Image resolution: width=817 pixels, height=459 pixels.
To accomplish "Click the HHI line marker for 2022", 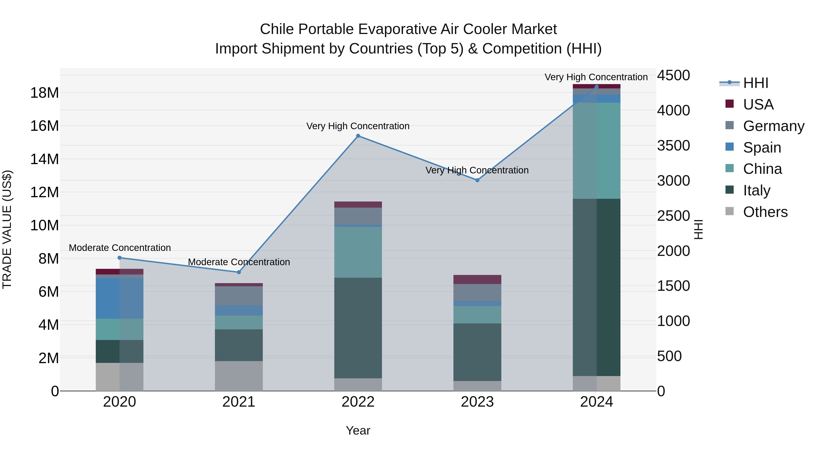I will [x=358, y=136].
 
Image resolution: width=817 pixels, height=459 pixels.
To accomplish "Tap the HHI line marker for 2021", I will [x=239, y=272].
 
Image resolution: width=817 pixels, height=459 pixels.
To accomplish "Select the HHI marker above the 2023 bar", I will [x=477, y=180].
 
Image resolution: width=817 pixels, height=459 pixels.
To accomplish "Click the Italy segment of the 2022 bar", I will [x=358, y=328].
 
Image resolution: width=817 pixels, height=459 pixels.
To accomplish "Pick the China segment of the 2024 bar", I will [x=597, y=151].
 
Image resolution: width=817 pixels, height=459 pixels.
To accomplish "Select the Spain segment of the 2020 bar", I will [x=120, y=298].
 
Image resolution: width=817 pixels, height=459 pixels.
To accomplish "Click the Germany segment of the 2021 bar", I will [x=239, y=296].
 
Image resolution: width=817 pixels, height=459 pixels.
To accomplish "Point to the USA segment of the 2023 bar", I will [x=477, y=279].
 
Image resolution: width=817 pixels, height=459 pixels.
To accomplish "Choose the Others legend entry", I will [x=765, y=212].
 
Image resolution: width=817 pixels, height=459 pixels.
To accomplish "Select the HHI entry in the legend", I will [x=755, y=83].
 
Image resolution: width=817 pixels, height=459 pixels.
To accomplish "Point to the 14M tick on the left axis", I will [x=44, y=159].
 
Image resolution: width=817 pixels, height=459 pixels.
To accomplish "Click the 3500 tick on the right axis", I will [x=673, y=146].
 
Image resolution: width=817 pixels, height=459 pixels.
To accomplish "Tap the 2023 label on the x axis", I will [x=477, y=402].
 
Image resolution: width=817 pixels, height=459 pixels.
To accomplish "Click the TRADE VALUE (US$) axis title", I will [x=7, y=229].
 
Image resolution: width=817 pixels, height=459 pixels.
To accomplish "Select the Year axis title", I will [x=358, y=430].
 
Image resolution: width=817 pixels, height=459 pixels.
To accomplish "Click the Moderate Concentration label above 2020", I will [x=120, y=248].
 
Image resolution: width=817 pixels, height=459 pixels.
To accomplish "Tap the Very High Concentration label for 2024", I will [x=596, y=77].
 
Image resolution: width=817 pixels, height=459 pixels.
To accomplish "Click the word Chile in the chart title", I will [x=277, y=29].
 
